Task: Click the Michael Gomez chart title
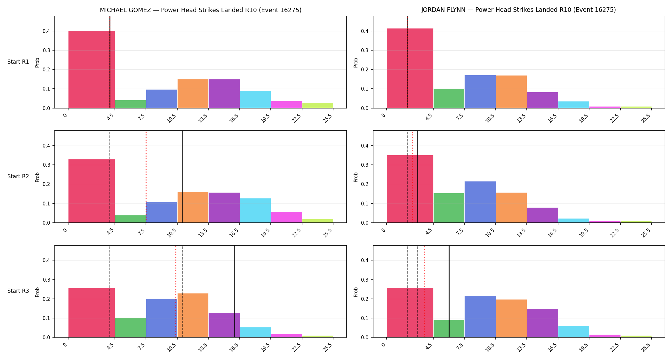tap(201, 10)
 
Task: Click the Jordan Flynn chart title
tap(518, 10)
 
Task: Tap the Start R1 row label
tap(18, 62)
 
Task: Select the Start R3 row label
tap(18, 291)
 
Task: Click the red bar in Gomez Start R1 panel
tap(92, 69)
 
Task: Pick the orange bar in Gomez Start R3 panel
tap(193, 315)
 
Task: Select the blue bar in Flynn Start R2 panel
tap(480, 202)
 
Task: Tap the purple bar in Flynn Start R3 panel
tap(542, 323)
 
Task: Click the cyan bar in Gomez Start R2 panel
tap(255, 211)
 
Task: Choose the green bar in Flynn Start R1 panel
tap(449, 98)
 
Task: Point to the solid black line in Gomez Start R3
tap(235, 291)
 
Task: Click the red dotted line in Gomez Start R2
tap(146, 177)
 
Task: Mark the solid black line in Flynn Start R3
tap(449, 291)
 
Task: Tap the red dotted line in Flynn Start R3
tap(425, 291)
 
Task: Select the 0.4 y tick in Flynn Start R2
tap(365, 146)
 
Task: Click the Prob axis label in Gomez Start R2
tap(37, 177)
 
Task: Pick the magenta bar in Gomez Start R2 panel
tap(286, 217)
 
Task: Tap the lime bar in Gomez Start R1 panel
tap(318, 105)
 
